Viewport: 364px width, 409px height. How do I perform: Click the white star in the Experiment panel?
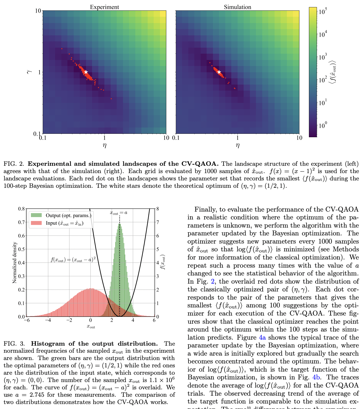point(86,72)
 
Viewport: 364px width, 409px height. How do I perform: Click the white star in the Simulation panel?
point(219,72)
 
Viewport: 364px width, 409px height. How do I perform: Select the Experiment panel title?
point(104,7)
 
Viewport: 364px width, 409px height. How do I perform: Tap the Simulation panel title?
point(237,7)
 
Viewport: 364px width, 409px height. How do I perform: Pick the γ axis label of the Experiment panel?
point(30,71)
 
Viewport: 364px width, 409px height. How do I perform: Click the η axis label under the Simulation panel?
point(238,145)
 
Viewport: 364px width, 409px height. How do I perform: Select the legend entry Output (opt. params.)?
point(68,215)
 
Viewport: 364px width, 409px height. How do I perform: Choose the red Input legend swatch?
point(36,223)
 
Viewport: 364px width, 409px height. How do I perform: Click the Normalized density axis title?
point(15,262)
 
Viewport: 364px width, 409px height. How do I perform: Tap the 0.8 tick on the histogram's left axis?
point(22,209)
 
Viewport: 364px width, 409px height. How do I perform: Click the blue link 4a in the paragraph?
point(262,337)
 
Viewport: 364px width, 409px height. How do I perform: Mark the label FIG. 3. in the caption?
point(14,344)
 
